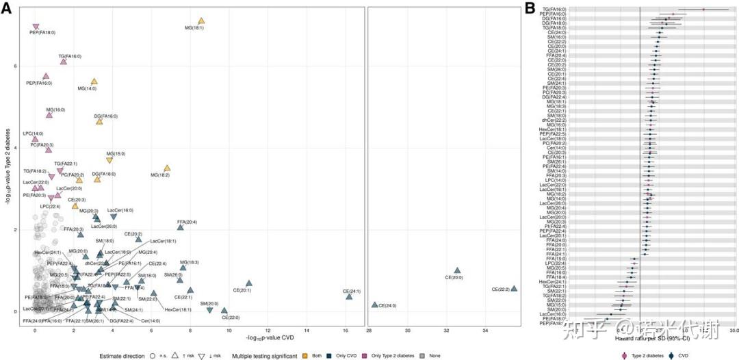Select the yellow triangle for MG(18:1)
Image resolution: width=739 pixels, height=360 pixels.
pos(201,21)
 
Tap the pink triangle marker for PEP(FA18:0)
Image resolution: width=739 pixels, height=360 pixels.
pos(36,27)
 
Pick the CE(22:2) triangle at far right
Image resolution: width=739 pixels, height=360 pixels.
pos(514,289)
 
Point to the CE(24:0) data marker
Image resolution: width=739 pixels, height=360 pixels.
pos(374,305)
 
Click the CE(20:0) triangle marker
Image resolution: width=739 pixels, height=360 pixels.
pos(457,271)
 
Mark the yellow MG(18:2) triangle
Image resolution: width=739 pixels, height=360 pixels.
pos(166,168)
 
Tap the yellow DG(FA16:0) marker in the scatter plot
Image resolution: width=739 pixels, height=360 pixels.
pos(99,121)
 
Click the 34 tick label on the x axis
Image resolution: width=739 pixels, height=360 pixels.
pos(486,330)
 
